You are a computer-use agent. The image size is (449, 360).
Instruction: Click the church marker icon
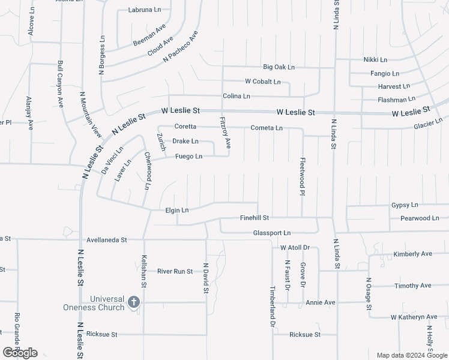coord(133,302)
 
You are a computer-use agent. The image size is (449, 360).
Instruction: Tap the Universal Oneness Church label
coord(94,303)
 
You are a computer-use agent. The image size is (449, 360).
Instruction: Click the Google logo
coord(20,353)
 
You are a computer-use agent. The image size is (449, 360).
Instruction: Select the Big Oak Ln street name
coord(279,67)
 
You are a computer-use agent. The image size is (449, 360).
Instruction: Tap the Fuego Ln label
coord(188,157)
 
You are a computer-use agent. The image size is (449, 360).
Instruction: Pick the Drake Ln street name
coord(185,142)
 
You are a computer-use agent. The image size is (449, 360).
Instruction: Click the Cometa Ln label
coord(267,128)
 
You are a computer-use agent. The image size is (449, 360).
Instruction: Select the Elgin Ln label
coord(177,210)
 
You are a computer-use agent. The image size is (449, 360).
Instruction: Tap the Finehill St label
coord(255,218)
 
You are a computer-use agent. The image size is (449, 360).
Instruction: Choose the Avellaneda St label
coord(107,240)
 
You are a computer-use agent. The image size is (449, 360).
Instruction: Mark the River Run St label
coord(175,271)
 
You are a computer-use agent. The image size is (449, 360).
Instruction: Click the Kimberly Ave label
coord(413,254)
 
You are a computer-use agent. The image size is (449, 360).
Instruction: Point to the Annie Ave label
coord(321,302)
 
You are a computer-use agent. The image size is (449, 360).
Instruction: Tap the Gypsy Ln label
coord(405,205)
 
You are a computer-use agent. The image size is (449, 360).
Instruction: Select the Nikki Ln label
coord(376,60)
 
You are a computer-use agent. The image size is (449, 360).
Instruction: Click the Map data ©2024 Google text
coord(411,355)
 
